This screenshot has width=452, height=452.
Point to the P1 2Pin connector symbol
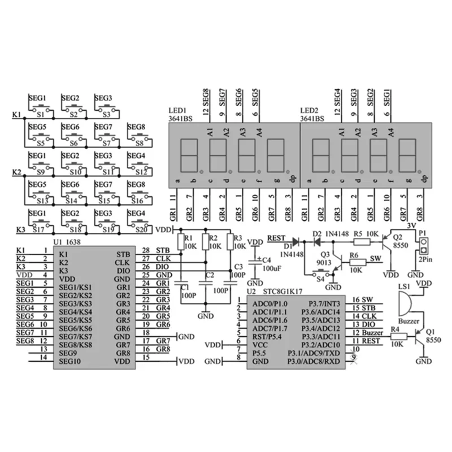[421, 244]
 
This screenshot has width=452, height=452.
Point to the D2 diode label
[317, 233]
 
